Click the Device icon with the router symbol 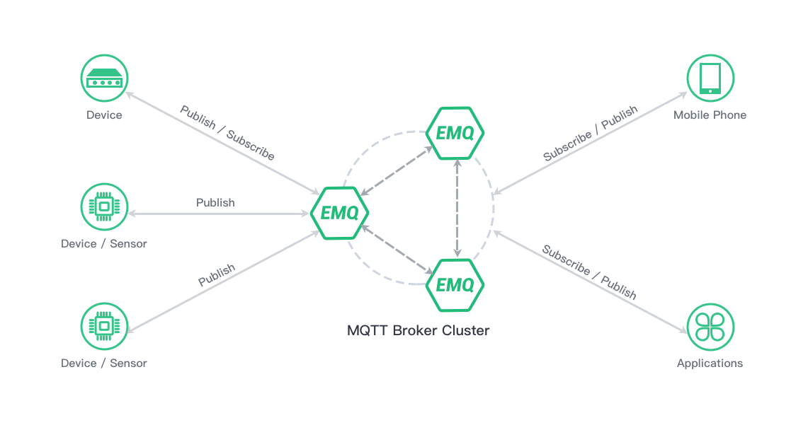pos(105,78)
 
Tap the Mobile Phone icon pos(710,78)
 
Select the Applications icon pos(710,327)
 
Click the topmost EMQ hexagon pos(455,132)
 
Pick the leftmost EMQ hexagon pos(340,211)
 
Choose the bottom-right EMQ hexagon pos(455,284)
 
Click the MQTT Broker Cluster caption pos(418,330)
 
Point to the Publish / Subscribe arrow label pos(227,133)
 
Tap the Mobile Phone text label pos(710,115)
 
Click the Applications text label pos(710,363)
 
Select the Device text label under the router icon pos(104,115)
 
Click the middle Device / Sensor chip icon pos(105,207)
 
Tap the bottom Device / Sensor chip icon pos(105,327)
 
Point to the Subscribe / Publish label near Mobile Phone pos(590,134)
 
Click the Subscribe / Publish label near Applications pos(589,272)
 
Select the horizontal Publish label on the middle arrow pos(215,203)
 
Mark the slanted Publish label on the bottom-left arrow pos(216,275)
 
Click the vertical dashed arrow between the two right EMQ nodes pos(459,209)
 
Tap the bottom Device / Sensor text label pos(104,363)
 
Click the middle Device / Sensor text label pos(104,244)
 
